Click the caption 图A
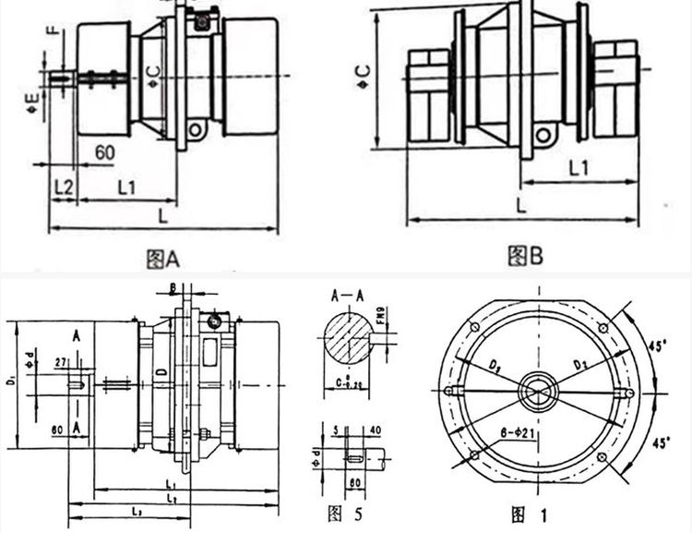coord(163,260)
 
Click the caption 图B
coord(526,254)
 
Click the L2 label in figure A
coord(63,185)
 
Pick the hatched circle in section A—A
coord(347,338)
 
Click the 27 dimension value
coord(62,360)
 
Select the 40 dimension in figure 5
coord(374,429)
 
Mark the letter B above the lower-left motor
coord(173,286)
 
